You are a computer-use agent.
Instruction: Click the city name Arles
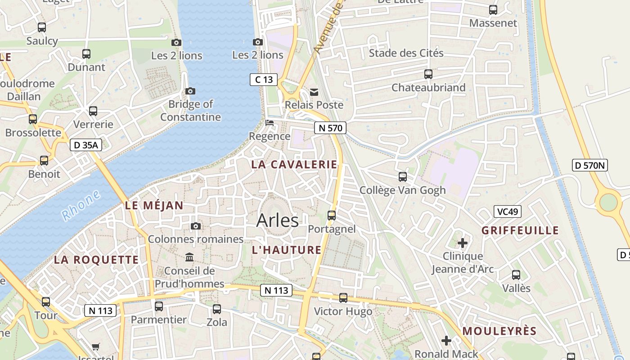click(277, 220)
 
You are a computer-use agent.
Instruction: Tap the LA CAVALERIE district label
click(294, 165)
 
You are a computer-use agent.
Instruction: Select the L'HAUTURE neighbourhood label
click(287, 250)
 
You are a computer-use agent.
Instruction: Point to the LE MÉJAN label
click(154, 206)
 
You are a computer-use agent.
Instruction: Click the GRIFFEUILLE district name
click(520, 231)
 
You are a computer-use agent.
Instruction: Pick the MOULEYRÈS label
click(499, 331)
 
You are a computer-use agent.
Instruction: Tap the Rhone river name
click(81, 206)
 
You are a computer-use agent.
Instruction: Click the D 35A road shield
click(86, 145)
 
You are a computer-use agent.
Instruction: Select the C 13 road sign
click(264, 80)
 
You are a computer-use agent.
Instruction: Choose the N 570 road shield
click(330, 128)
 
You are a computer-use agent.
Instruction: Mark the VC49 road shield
click(507, 211)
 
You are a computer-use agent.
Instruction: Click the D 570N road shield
click(590, 165)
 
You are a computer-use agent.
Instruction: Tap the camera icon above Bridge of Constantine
click(190, 91)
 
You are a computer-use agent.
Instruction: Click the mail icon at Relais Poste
click(314, 92)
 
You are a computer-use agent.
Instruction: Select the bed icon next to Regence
click(270, 122)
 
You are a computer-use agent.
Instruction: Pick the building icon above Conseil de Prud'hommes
click(189, 257)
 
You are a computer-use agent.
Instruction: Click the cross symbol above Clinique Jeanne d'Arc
click(463, 243)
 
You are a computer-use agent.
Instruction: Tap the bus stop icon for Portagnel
click(332, 216)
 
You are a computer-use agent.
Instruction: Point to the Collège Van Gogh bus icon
click(403, 177)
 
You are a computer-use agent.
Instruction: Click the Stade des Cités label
click(406, 53)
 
